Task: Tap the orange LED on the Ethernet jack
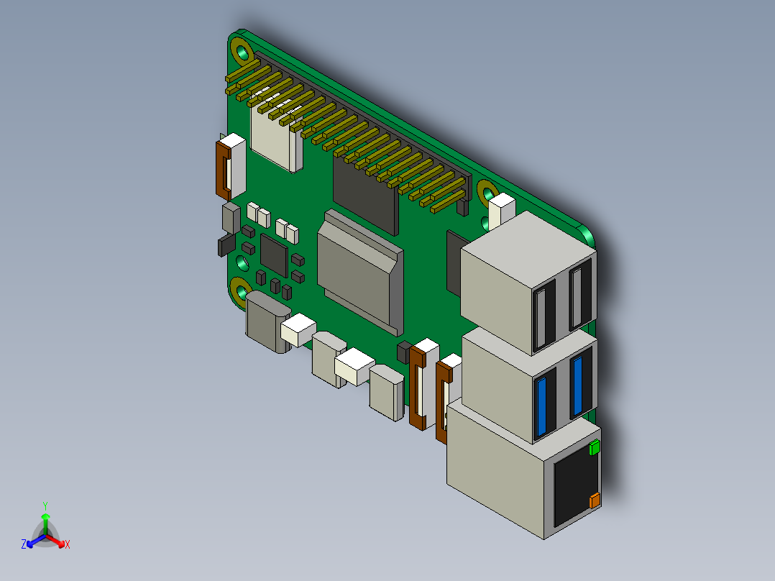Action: click(595, 501)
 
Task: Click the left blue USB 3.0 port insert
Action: click(544, 406)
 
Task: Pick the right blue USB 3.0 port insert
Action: click(577, 386)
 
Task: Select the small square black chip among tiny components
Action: click(274, 252)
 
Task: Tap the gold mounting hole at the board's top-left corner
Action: click(243, 52)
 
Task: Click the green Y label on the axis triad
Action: click(45, 505)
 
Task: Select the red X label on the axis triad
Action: click(68, 545)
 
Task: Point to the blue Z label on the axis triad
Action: click(24, 545)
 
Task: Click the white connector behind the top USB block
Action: click(502, 209)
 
